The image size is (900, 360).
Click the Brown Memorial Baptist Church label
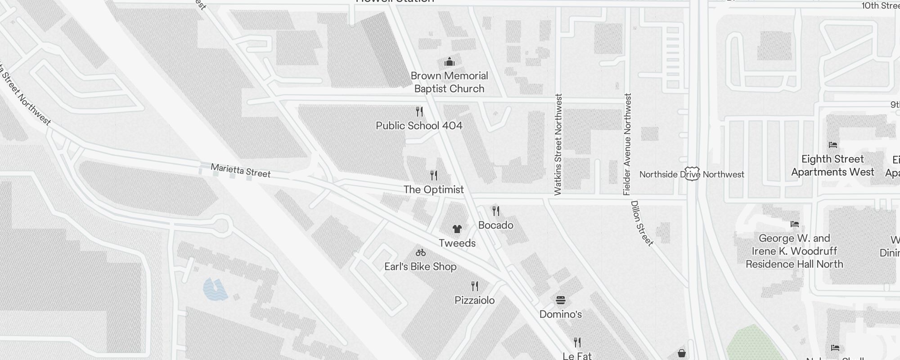(449, 82)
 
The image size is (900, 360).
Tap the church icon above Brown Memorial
(449, 62)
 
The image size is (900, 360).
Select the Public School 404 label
(419, 126)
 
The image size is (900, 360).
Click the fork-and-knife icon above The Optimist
(434, 175)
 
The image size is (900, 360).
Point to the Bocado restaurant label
(495, 225)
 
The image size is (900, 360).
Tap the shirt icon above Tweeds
(457, 229)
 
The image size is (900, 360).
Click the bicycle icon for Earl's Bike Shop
(421, 252)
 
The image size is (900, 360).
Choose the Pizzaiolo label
(474, 300)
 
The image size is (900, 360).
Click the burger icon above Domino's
(560, 300)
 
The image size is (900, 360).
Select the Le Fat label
(577, 355)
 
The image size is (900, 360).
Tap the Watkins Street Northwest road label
(558, 144)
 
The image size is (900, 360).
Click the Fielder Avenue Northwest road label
(627, 144)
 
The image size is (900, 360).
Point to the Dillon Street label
(642, 223)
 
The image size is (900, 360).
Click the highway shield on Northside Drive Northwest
(692, 174)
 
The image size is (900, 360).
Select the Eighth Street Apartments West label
(832, 165)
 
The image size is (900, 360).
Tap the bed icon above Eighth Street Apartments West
(832, 145)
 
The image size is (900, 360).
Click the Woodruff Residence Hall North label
(794, 251)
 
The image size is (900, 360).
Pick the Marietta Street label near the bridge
(241, 171)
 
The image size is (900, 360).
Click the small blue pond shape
(215, 289)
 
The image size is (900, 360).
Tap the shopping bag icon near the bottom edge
(682, 353)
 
